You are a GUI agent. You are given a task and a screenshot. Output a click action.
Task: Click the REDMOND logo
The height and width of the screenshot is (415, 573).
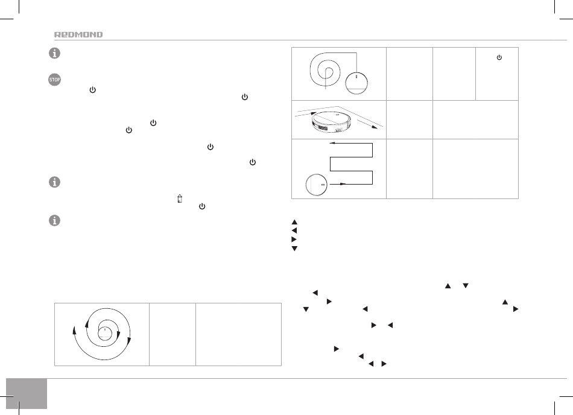[78, 35]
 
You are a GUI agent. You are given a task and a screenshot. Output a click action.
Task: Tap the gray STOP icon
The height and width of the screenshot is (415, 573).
[54, 80]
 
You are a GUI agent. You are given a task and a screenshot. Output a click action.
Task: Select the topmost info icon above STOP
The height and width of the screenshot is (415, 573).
[54, 53]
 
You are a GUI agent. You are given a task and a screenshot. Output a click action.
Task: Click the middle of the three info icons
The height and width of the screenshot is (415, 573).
[54, 182]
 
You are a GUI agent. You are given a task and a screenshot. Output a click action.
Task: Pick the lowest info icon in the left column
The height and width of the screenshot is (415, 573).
[54, 220]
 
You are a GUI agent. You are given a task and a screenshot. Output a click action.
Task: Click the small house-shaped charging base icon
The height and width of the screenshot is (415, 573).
[179, 198]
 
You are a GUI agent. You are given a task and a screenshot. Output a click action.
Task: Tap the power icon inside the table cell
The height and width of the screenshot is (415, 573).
[499, 57]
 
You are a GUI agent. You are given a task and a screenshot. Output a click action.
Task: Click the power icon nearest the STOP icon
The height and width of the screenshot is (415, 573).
[92, 89]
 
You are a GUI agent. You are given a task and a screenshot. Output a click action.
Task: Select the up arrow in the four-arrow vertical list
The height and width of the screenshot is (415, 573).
[294, 222]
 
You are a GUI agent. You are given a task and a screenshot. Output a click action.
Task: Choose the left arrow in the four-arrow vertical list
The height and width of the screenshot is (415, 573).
[294, 230]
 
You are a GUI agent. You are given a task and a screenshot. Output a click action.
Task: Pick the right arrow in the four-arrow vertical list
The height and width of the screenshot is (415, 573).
[294, 239]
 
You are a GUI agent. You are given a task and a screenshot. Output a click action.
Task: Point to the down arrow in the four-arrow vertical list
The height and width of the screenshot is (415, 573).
[294, 249]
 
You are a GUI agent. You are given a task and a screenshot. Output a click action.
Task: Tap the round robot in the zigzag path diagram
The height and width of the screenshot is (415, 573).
[317, 185]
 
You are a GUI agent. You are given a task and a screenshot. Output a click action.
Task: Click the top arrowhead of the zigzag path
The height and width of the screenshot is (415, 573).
[332, 143]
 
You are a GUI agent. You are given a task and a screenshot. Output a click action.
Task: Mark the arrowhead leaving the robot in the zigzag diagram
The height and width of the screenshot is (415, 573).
[343, 184]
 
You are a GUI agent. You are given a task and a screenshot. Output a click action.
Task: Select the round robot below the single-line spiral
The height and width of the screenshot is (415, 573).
[356, 83]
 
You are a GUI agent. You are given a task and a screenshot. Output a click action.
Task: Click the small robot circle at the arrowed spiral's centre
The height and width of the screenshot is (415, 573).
[105, 333]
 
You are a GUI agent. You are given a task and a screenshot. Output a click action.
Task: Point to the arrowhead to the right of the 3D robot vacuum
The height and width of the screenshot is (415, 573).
[373, 127]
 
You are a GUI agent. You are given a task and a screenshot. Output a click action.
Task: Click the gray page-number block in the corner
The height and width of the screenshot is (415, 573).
[27, 393]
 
